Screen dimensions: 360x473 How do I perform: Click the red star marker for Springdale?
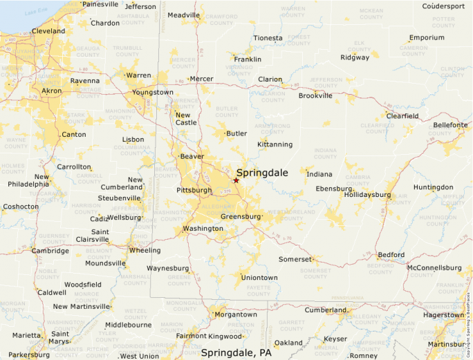(236, 180)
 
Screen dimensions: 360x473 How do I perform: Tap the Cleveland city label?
(48, 31)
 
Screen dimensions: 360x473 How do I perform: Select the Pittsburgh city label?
(194, 190)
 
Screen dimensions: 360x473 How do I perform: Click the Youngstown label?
(153, 92)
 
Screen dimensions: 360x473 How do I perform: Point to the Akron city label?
(51, 91)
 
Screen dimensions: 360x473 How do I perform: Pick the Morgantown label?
(235, 314)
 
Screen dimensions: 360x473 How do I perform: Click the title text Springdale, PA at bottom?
(236, 352)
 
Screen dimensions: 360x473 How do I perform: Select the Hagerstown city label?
(443, 315)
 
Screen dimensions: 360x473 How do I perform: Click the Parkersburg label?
(28, 355)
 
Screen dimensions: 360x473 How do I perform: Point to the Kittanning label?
(275, 144)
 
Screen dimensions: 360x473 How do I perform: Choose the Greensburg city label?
(241, 216)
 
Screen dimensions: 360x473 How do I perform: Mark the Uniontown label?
(259, 278)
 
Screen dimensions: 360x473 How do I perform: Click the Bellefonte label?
(450, 125)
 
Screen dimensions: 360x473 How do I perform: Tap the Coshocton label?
(21, 207)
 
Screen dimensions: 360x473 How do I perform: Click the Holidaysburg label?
(367, 195)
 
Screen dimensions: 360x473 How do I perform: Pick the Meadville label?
(183, 15)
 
